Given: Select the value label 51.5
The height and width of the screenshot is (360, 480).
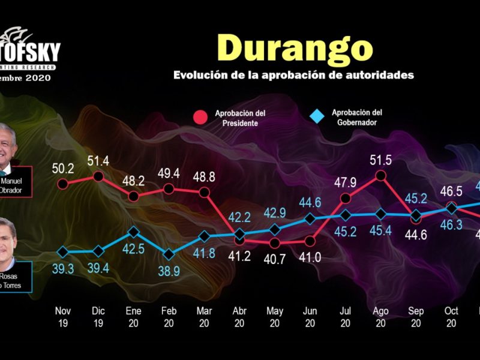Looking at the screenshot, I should [380, 160].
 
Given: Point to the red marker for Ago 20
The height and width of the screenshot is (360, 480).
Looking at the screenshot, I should [380, 176].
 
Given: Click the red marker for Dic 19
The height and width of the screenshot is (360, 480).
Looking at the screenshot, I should [98, 176].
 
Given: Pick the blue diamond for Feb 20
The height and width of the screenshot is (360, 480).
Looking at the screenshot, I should [169, 254].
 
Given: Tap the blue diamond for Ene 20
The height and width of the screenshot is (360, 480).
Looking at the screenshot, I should [133, 232].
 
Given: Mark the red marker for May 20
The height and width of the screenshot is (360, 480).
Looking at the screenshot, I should [275, 243].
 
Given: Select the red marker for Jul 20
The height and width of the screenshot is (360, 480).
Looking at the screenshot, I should [345, 199].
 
